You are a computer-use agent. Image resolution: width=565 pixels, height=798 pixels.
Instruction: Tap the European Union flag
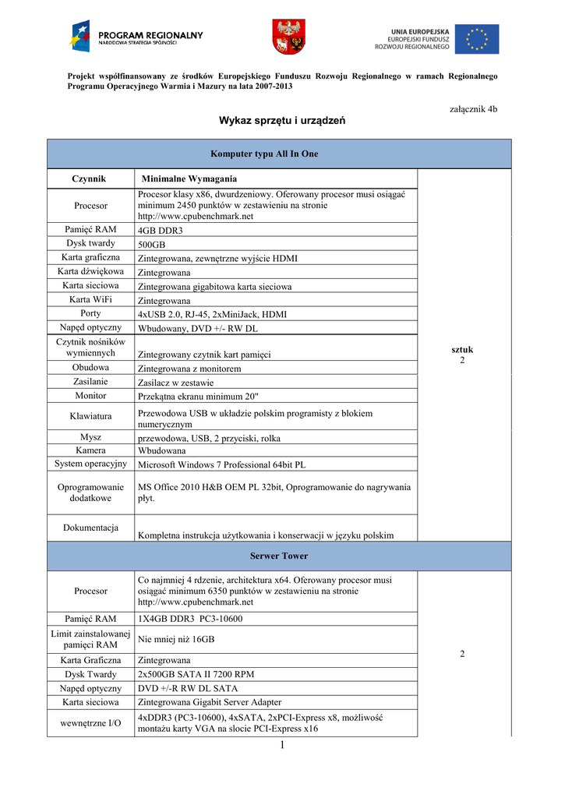(478, 38)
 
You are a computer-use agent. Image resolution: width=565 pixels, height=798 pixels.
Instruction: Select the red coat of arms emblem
(288, 37)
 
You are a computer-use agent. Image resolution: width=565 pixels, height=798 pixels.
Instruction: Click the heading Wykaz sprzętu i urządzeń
(281, 121)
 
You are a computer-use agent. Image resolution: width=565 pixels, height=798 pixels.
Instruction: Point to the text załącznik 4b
(474, 109)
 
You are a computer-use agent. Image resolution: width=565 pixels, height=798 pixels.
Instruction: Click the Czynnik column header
(90, 178)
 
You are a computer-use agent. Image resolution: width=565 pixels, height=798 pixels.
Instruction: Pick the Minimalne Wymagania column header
(189, 179)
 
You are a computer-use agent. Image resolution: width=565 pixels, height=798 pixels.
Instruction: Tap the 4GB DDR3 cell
(160, 230)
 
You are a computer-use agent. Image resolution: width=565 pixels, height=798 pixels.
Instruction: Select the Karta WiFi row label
(90, 299)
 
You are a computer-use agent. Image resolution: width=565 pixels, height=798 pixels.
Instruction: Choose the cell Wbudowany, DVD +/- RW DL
(198, 328)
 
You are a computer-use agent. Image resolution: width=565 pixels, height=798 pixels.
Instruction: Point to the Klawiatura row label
(90, 417)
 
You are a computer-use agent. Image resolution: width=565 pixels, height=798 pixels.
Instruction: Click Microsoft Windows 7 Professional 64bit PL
(221, 464)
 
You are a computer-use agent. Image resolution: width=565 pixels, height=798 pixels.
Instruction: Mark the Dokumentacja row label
(90, 528)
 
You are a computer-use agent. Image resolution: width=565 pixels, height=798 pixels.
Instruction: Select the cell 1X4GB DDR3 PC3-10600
(190, 619)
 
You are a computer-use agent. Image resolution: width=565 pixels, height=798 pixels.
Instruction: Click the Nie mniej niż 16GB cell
(176, 639)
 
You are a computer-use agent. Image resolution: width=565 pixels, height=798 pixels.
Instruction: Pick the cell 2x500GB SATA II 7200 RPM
(196, 674)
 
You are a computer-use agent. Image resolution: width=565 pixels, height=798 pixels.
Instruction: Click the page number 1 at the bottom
(282, 746)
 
